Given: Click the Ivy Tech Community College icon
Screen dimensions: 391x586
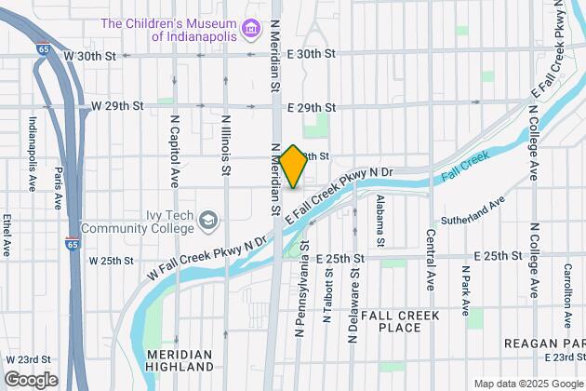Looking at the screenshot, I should click(210, 221).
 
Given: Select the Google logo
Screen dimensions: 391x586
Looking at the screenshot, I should click(30, 380).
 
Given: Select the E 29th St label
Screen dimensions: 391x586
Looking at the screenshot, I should click(311, 108).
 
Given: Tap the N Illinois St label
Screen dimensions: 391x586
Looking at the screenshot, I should click(226, 145).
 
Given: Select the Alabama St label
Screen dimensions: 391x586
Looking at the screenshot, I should click(380, 213).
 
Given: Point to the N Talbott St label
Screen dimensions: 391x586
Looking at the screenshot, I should click(326, 293).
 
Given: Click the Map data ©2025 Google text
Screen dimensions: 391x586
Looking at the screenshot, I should click(527, 384).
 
